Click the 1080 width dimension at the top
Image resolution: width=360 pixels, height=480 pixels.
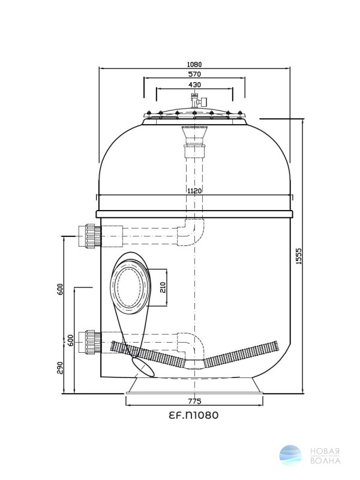pyautogui.click(x=194, y=65)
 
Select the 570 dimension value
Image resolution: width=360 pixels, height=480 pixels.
pyautogui.click(x=194, y=74)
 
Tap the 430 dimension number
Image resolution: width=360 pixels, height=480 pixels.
pyautogui.click(x=194, y=85)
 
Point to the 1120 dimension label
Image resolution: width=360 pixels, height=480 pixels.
pyautogui.click(x=194, y=191)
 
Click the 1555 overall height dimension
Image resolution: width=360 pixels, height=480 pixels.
pyautogui.click(x=299, y=256)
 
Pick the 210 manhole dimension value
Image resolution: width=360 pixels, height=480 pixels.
pyautogui.click(x=163, y=287)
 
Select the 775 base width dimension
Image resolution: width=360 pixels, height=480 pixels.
pyautogui.click(x=194, y=401)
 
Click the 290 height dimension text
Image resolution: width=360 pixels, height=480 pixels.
pyautogui.click(x=59, y=368)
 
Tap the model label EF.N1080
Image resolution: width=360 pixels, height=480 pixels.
pyautogui.click(x=194, y=415)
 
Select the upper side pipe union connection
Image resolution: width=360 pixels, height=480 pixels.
pyautogui.click(x=89, y=236)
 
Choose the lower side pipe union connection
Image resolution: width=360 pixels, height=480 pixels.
pyautogui.click(x=89, y=342)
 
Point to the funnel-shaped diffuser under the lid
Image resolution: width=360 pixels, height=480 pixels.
pyautogui.click(x=194, y=134)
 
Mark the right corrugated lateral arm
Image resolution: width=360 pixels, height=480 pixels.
pyautogui.click(x=242, y=354)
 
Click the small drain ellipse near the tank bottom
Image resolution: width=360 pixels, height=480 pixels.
pyautogui.click(x=143, y=367)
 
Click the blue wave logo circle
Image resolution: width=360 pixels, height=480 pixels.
pyautogui.click(x=290, y=455)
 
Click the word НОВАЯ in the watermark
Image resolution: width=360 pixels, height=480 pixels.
pyautogui.click(x=325, y=452)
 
